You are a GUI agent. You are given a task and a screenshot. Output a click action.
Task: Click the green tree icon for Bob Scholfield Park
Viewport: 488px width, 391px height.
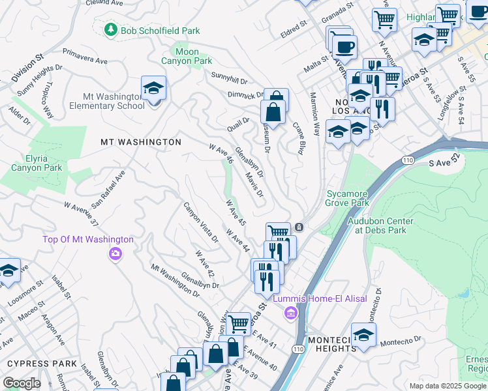[x=112, y=30]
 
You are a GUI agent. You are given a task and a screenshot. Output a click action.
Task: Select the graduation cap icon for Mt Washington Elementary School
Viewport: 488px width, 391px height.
[x=153, y=89]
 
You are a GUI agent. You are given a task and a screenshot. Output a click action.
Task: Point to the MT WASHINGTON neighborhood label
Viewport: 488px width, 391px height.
[x=141, y=141]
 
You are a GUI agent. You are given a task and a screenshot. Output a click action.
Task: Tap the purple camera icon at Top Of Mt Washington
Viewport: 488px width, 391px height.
[x=115, y=253]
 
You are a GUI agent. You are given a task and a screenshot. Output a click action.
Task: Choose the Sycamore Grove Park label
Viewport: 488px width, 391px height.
[x=347, y=198]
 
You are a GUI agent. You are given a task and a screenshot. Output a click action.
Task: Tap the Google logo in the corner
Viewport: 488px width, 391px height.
[x=22, y=383]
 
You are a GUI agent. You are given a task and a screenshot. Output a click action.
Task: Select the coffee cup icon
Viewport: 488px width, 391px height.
[x=344, y=46]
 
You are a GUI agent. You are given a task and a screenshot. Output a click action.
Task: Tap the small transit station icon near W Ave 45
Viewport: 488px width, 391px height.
[x=298, y=227]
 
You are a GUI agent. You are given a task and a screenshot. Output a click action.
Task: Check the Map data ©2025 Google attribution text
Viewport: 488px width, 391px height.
[x=447, y=386]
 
